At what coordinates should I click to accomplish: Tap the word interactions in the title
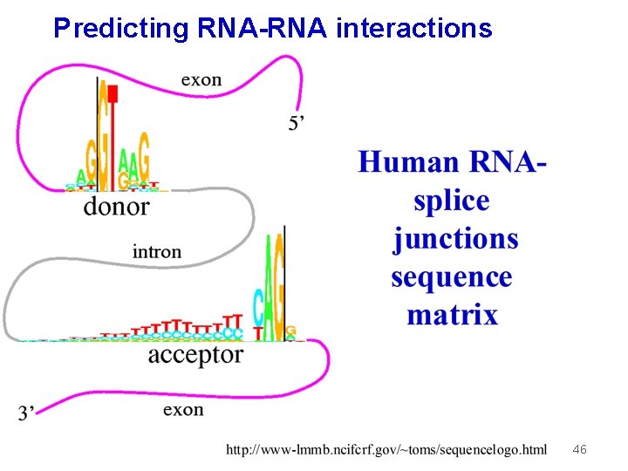coord(413,28)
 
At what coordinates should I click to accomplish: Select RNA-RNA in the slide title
coord(262,28)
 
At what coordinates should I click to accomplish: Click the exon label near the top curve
coord(201,79)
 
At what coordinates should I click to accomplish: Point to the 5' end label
coord(297,124)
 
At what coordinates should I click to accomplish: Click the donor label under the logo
coord(116,207)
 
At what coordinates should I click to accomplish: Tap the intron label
coord(157,251)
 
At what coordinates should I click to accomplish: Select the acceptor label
coord(195,354)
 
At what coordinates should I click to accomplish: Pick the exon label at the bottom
coord(183,409)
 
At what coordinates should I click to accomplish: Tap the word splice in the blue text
coord(451,201)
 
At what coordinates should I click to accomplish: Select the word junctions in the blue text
coord(455,239)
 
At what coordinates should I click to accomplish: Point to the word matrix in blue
coord(452,314)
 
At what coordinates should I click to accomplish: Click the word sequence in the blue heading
coord(452,277)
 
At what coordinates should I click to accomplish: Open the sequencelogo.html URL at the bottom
coord(386,449)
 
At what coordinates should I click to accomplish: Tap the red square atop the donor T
coord(113,92)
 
